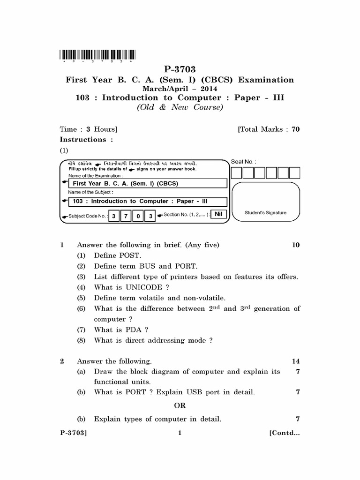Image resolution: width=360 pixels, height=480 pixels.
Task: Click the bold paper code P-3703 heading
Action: tap(180, 70)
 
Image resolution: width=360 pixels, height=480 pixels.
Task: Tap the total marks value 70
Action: tap(295, 129)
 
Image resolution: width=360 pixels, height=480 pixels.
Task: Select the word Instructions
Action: tap(83, 139)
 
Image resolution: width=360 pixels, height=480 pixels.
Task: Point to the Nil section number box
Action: tap(217, 214)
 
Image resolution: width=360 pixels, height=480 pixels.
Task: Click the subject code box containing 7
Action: tap(126, 216)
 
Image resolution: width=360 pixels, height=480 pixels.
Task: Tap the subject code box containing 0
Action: tap(138, 216)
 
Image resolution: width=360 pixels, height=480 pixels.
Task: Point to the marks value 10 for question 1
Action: tap(295, 245)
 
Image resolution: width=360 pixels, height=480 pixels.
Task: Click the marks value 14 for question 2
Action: tap(295, 361)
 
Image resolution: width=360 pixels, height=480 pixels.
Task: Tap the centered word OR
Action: tap(180, 405)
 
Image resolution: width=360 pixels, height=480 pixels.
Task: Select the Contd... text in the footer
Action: tap(284, 433)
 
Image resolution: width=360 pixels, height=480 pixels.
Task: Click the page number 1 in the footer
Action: tap(180, 433)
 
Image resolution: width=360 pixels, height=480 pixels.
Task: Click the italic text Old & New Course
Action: tap(180, 107)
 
